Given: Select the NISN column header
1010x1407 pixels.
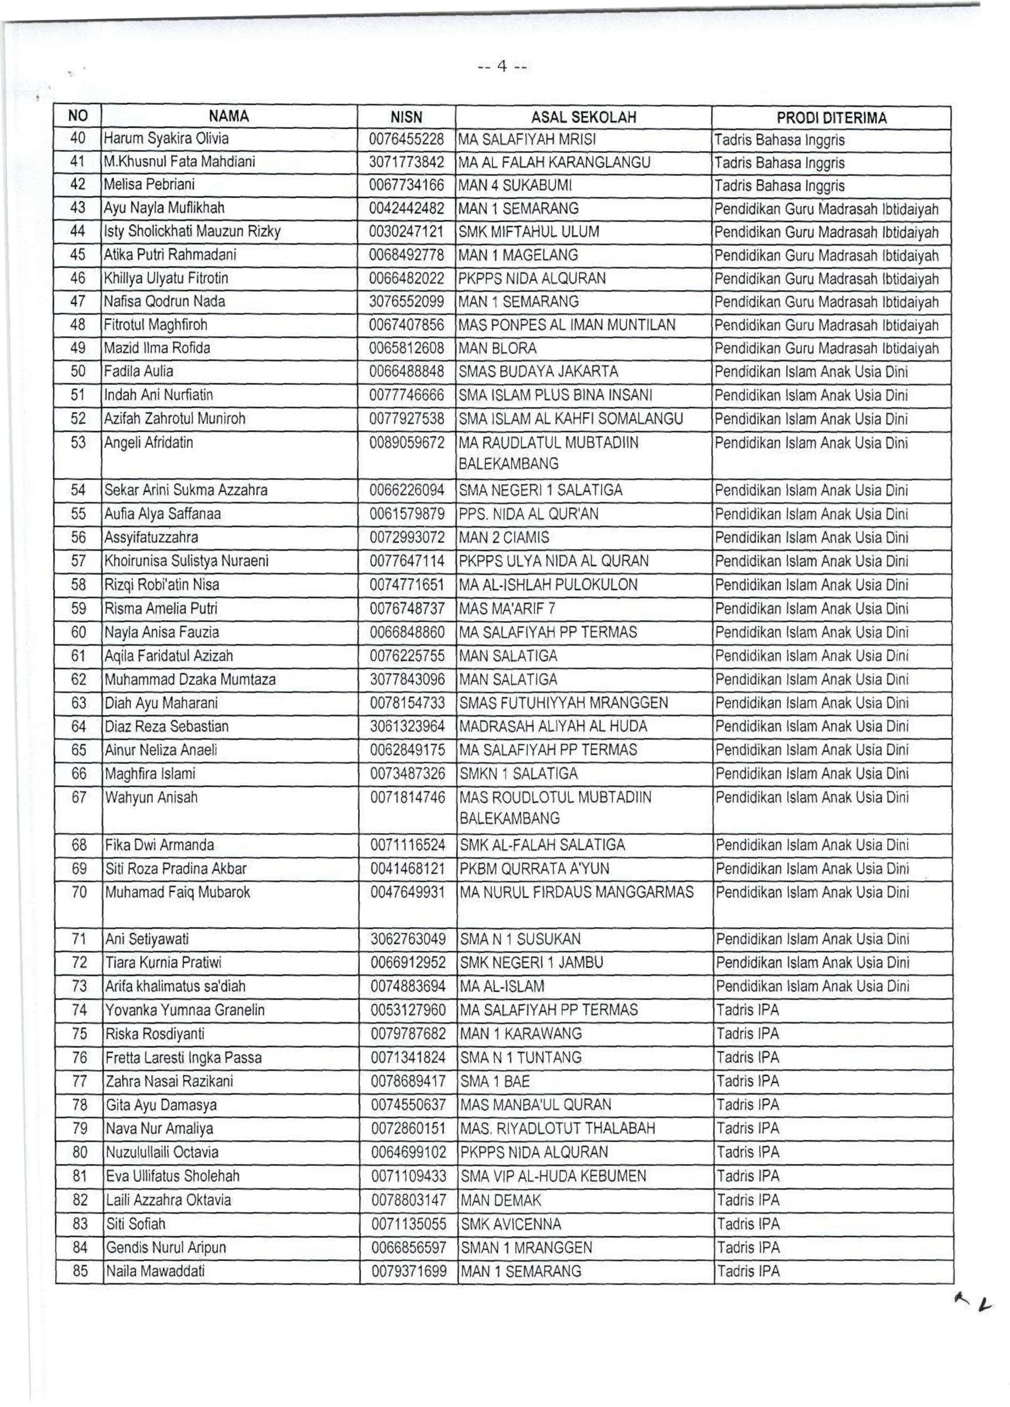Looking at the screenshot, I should click(406, 117).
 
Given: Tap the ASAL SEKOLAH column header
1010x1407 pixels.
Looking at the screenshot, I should click(584, 117).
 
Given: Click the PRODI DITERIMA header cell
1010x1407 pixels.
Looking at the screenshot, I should click(831, 118).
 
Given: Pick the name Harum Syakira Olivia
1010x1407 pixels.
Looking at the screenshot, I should click(166, 139).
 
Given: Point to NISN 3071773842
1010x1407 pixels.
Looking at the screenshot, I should click(407, 162).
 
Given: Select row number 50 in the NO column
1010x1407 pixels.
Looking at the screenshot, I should click(78, 372).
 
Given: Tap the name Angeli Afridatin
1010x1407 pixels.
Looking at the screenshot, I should click(149, 442).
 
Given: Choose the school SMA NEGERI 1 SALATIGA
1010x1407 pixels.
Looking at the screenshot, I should click(540, 490).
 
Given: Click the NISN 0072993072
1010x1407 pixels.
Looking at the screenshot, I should click(407, 537).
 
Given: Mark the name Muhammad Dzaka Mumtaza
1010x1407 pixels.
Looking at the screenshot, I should click(190, 679).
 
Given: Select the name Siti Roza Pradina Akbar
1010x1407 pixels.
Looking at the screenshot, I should click(176, 868).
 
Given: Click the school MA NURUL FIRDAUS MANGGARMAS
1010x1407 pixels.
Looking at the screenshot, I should click(576, 892).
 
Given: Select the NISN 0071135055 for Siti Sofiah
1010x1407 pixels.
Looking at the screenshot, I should click(409, 1224).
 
